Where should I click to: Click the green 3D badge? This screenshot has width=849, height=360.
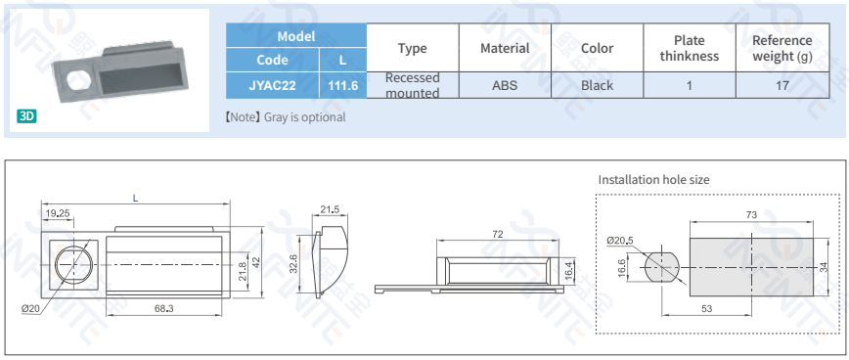(27, 115)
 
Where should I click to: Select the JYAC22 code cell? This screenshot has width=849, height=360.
(272, 85)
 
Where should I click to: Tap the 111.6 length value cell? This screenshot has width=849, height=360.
(343, 85)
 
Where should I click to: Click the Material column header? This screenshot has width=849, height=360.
(505, 48)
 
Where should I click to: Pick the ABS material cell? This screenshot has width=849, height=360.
(505, 85)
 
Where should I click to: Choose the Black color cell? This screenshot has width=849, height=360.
(598, 85)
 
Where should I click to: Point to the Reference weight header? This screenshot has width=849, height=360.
(782, 48)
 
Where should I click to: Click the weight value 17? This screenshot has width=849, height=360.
(782, 85)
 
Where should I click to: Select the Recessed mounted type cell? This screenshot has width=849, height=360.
(413, 85)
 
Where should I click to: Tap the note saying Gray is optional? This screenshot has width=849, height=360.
(286, 117)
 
